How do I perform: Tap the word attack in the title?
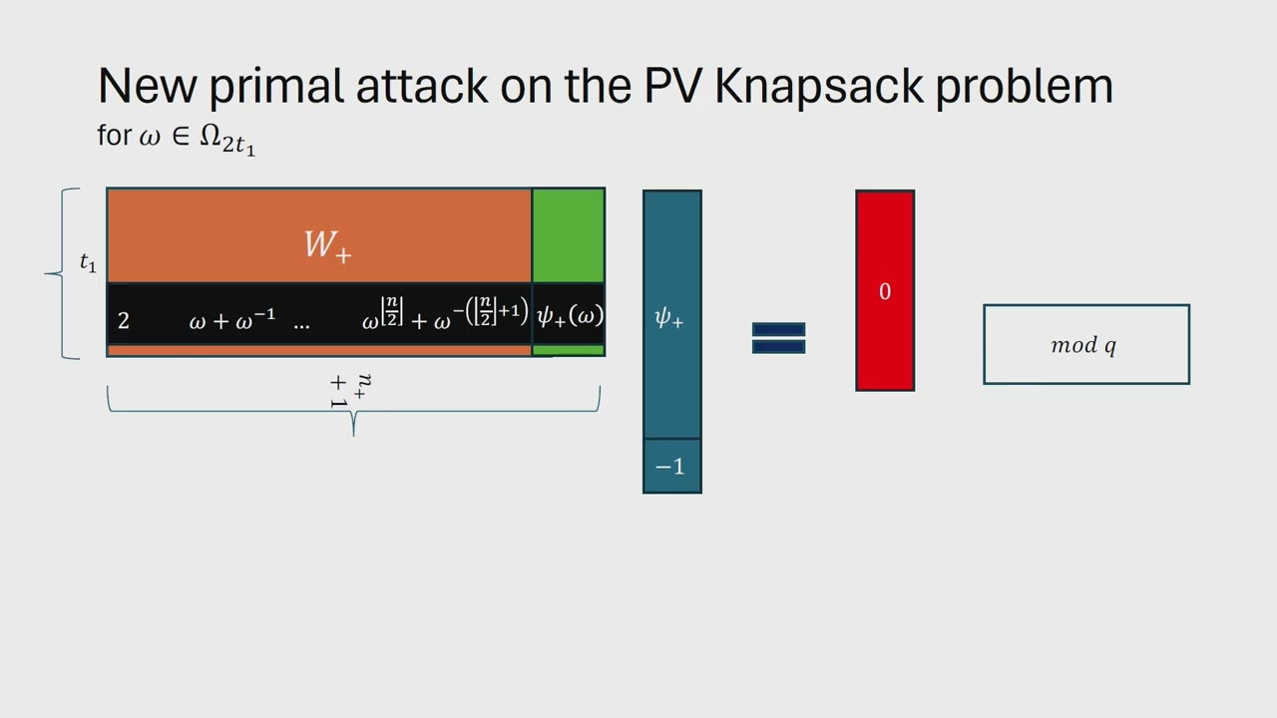421,86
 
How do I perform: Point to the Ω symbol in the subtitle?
210,136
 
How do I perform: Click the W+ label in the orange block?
327,244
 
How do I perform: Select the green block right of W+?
568,235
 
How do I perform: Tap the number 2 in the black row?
124,320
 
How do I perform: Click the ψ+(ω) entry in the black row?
570,317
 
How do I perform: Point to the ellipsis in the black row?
301,322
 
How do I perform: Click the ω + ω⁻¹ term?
231,320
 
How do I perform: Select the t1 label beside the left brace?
88,263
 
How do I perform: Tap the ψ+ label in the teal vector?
668,318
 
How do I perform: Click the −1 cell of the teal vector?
671,467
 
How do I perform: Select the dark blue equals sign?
778,337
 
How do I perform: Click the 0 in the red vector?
884,291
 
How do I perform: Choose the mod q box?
1085,344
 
